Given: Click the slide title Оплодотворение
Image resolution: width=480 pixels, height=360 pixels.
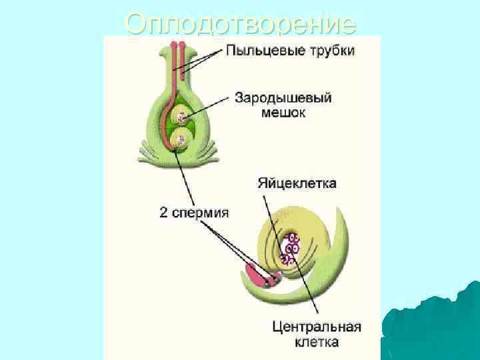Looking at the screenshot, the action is [240, 24].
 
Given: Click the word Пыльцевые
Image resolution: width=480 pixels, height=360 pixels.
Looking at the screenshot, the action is [259, 51].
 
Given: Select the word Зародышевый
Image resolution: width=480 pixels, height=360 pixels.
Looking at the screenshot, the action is [283, 99].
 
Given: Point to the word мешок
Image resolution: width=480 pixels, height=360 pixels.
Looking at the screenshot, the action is [283, 113].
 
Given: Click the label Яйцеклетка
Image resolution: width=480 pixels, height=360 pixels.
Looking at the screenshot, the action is [297, 182].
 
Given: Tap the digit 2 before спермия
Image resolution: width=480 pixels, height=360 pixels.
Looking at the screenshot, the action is [164, 213].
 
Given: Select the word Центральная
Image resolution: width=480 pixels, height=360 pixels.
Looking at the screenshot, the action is [317, 327].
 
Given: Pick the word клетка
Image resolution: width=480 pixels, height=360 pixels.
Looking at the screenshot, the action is [317, 342].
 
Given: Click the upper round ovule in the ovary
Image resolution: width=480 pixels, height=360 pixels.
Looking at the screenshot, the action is [179, 118].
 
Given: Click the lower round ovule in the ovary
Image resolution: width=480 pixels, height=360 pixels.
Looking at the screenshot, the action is [179, 140].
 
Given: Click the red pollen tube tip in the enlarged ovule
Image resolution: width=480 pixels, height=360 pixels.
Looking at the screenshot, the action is [257, 274].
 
